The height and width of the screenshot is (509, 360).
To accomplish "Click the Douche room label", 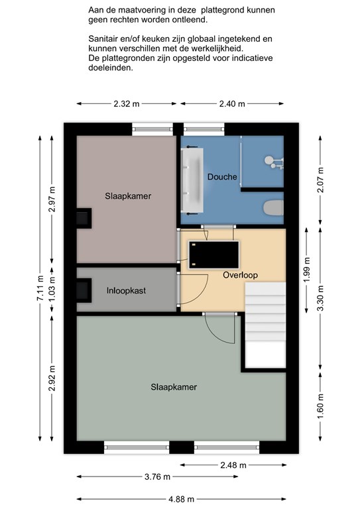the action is point(222,177).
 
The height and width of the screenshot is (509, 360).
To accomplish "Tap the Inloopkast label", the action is point(126,290).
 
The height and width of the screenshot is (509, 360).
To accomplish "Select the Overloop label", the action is point(240,275).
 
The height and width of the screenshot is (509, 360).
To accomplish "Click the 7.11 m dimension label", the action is point(40,288).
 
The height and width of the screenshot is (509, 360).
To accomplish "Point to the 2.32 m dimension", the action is point(126,104).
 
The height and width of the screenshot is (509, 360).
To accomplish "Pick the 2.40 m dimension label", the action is point(232,104).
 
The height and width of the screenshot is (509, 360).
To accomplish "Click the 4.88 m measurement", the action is point(181,499).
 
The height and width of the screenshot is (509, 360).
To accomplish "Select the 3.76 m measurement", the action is point(157,477).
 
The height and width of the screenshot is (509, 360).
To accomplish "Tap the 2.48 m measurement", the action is point(233,465).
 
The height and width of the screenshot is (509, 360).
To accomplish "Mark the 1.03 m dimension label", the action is point(52,288).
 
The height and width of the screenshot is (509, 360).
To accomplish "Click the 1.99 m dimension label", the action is point(307,270).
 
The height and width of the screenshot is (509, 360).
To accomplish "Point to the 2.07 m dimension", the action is point(320,180).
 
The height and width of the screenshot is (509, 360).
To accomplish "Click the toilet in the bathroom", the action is point(273,207).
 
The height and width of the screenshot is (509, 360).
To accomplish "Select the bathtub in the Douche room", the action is point(192,180).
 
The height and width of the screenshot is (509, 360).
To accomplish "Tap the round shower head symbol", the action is point(269,160).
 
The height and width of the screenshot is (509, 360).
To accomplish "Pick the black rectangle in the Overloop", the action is point(214,254).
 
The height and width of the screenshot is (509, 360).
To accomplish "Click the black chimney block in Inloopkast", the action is point(84,290).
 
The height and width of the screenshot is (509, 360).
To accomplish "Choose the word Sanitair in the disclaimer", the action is point(101,39).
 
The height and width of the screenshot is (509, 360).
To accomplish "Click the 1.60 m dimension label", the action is point(320,406).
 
